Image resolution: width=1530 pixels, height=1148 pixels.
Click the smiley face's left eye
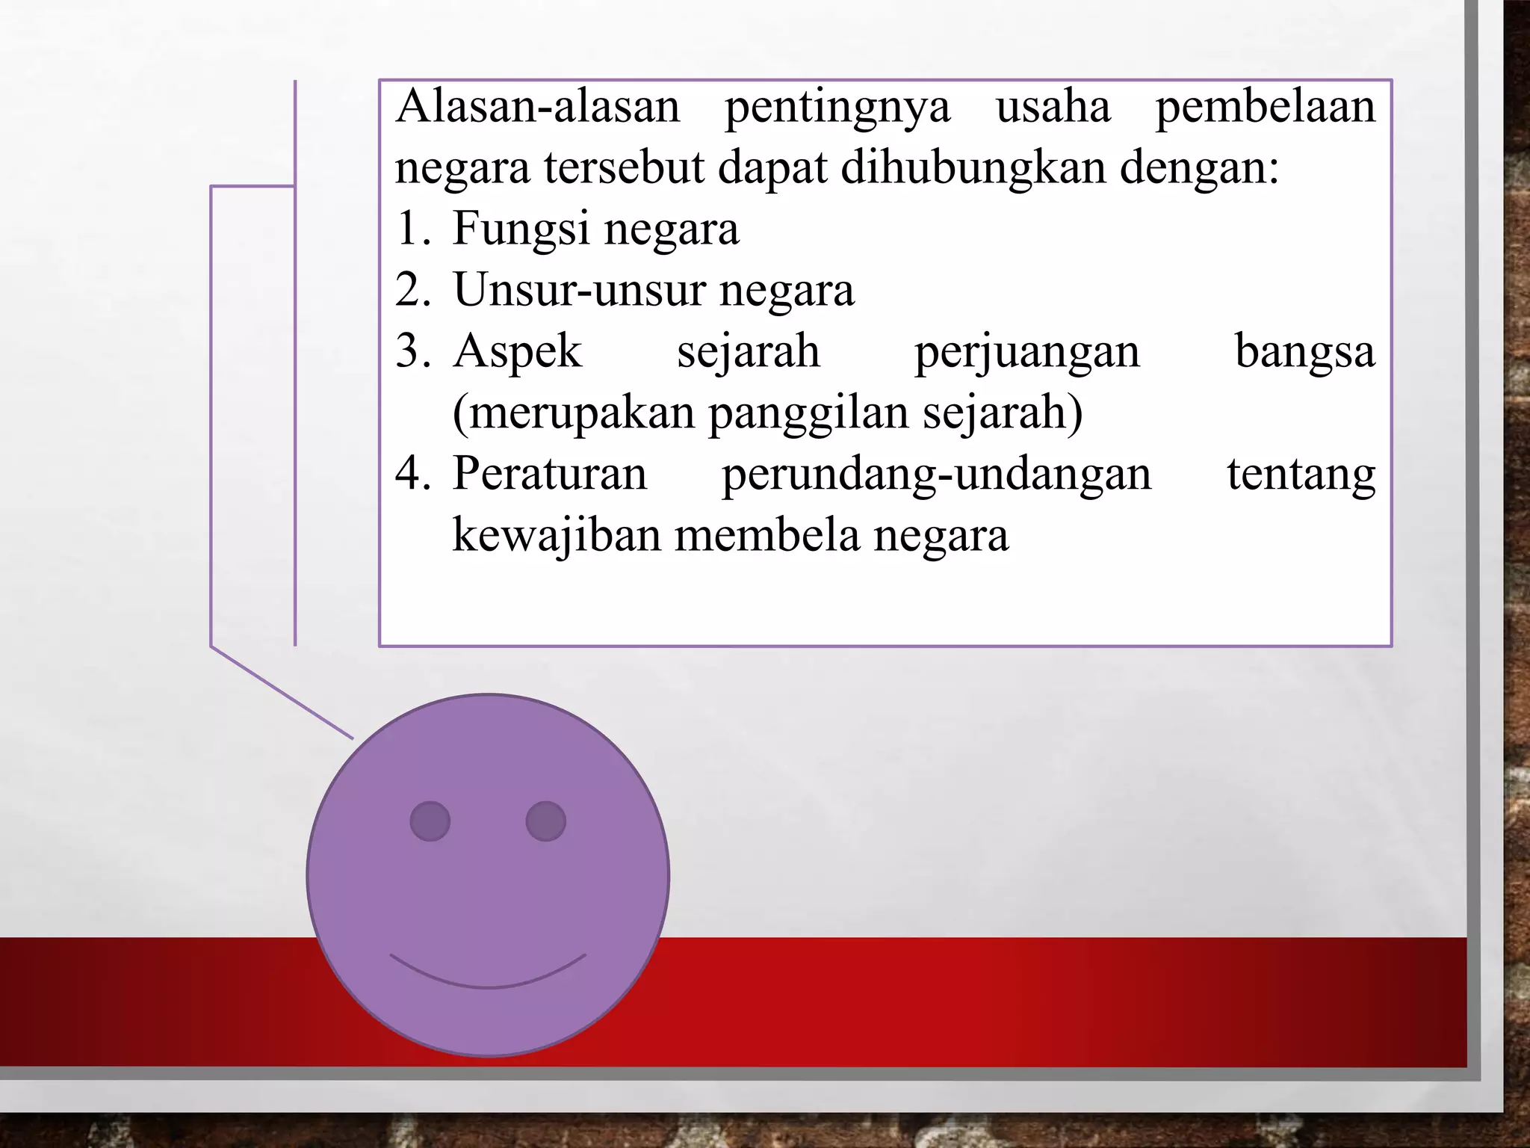[430, 821]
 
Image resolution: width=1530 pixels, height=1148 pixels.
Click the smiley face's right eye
[545, 821]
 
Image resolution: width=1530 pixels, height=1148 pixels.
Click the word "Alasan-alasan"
[538, 106]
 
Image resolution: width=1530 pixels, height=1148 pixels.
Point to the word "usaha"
[1053, 106]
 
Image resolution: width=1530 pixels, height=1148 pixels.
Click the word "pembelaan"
[1266, 106]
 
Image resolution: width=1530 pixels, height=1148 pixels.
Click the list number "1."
[413, 228]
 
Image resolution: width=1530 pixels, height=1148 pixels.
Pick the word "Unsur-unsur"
[579, 290]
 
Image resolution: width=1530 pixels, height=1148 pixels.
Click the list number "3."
[413, 351]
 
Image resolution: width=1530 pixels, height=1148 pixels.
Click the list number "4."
[413, 474]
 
